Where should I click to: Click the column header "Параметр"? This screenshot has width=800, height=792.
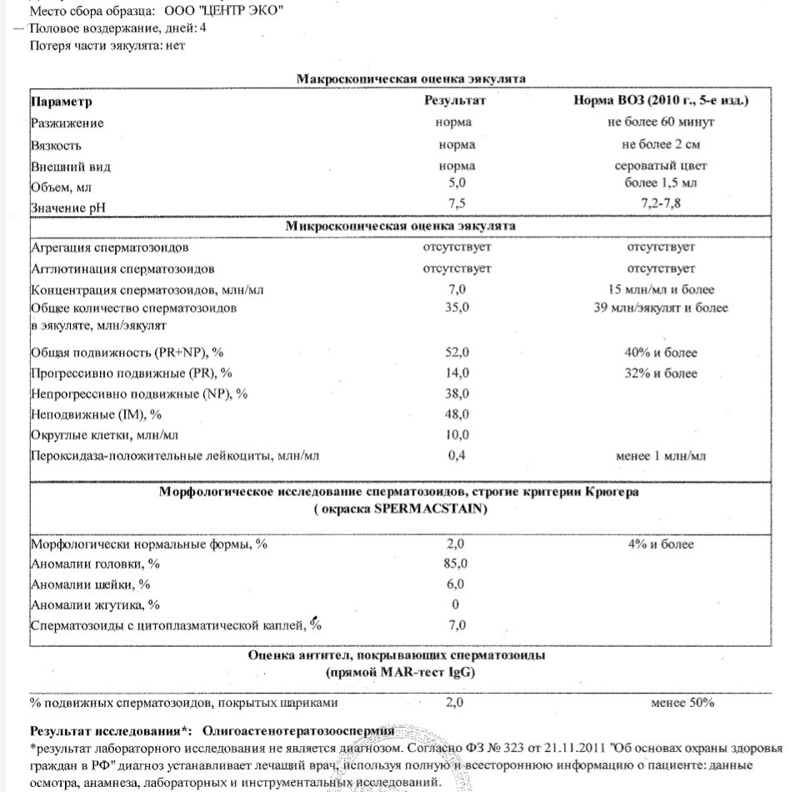coord(62,102)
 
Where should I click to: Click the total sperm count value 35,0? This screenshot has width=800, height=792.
coord(457,308)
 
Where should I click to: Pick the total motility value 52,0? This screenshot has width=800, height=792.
coord(457,353)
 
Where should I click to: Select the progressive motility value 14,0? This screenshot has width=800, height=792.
coord(457,373)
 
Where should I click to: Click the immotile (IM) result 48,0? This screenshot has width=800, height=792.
coord(457,414)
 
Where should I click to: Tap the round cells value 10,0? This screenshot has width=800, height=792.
coord(457,434)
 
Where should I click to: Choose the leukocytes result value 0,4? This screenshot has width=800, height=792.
coord(457,455)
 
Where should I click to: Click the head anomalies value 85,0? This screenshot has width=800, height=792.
coord(457,564)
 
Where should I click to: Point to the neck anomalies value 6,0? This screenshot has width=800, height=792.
coord(457,584)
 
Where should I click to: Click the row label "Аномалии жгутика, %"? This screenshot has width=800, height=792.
coord(95,604)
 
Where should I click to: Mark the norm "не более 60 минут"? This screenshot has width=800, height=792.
coord(662,123)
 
